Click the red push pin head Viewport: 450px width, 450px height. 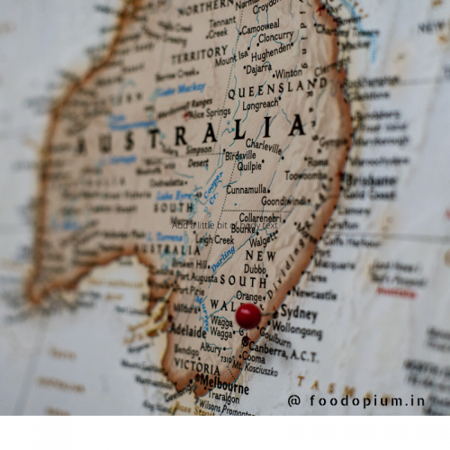247,315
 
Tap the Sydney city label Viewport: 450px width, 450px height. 298,314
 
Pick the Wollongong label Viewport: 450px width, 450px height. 296,330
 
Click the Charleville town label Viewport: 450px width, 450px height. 264,144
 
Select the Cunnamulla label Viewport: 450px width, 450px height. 247,190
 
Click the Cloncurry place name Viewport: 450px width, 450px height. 275,38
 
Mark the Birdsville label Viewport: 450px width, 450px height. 240,155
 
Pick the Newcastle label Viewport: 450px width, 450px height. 315,293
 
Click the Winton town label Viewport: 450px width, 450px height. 289,74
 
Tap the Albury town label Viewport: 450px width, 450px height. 211,347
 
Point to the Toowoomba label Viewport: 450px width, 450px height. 308,176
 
